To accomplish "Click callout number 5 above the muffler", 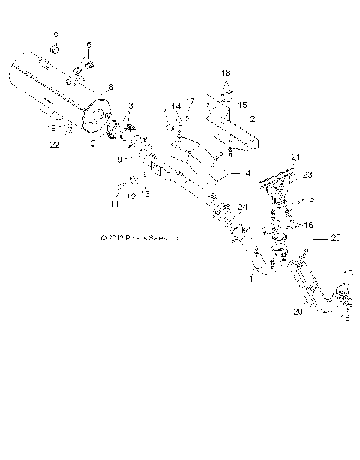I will (x=55, y=34).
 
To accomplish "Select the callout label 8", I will (x=111, y=87).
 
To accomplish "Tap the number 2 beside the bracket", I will (x=253, y=118).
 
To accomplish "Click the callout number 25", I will (x=334, y=238).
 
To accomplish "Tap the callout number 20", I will (x=297, y=312).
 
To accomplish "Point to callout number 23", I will (x=307, y=175).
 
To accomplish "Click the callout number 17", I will (x=190, y=101).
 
